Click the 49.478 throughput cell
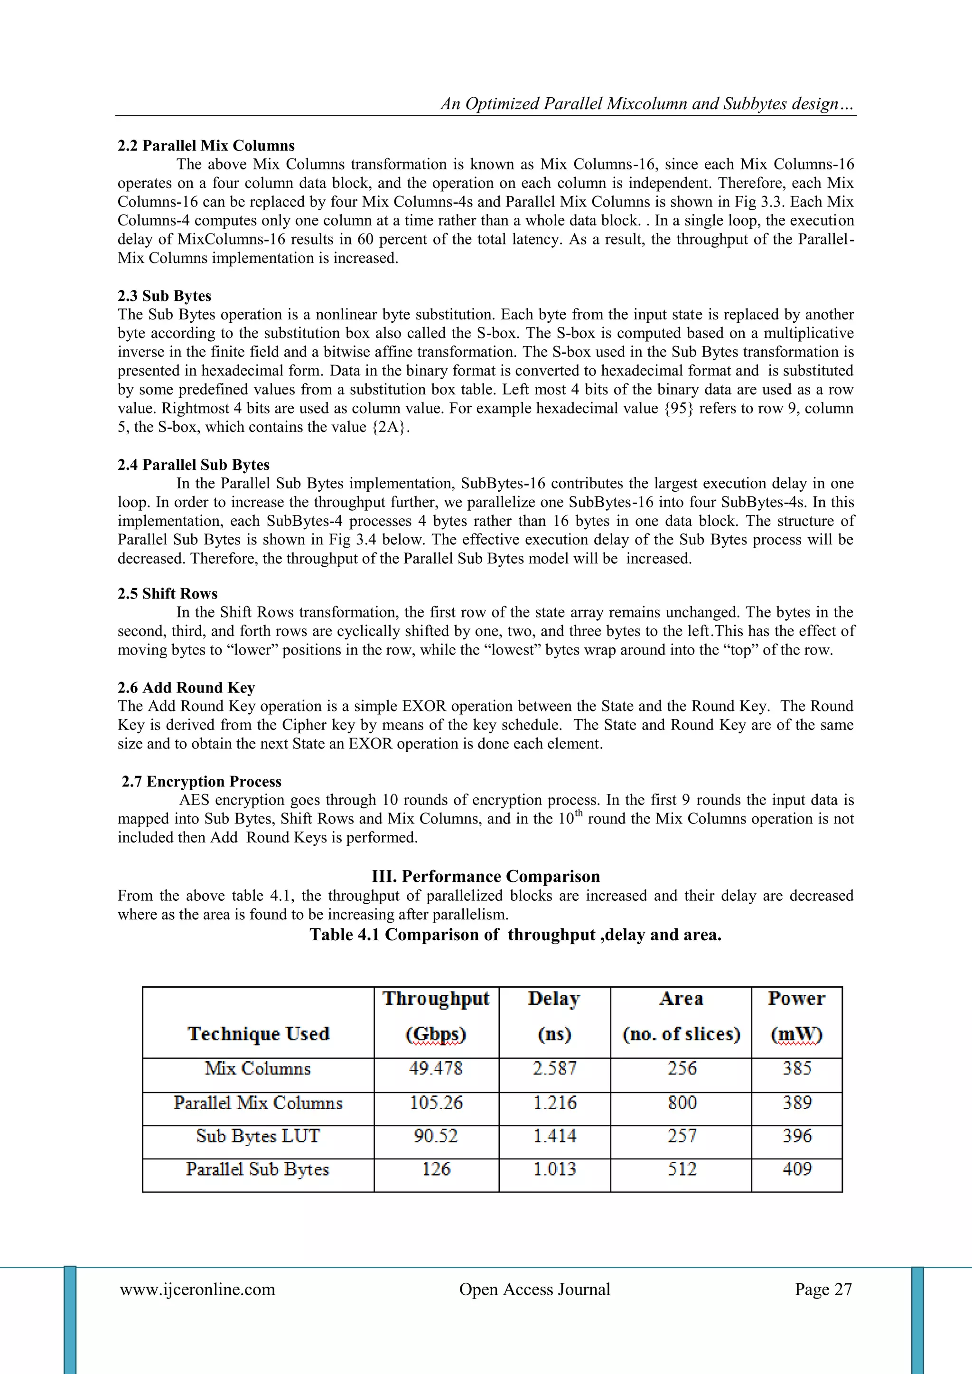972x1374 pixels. (x=436, y=1069)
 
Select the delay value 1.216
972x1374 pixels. (x=555, y=1103)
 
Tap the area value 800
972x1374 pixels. (x=682, y=1103)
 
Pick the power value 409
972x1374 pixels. (x=797, y=1169)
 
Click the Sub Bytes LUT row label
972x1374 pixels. (x=258, y=1136)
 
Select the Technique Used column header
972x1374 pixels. (x=259, y=1034)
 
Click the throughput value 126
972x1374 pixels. (x=436, y=1169)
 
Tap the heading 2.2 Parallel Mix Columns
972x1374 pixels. (x=206, y=145)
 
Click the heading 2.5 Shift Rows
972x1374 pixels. (x=168, y=594)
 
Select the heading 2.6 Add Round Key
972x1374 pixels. (x=186, y=688)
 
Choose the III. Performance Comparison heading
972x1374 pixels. (x=486, y=876)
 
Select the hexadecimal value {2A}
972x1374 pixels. (x=391, y=427)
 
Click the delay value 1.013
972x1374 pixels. (x=555, y=1169)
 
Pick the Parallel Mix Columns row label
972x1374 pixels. (x=258, y=1103)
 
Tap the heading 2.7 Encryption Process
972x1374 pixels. (x=202, y=782)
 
